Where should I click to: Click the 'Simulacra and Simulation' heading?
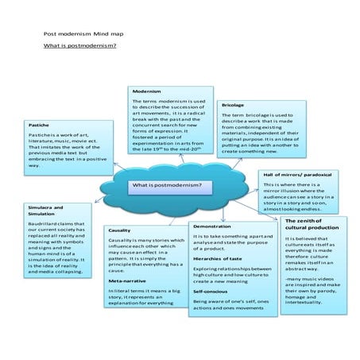tap(45, 210)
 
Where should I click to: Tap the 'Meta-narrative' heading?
tap(126, 281)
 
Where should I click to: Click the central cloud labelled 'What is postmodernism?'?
tap(167, 186)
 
